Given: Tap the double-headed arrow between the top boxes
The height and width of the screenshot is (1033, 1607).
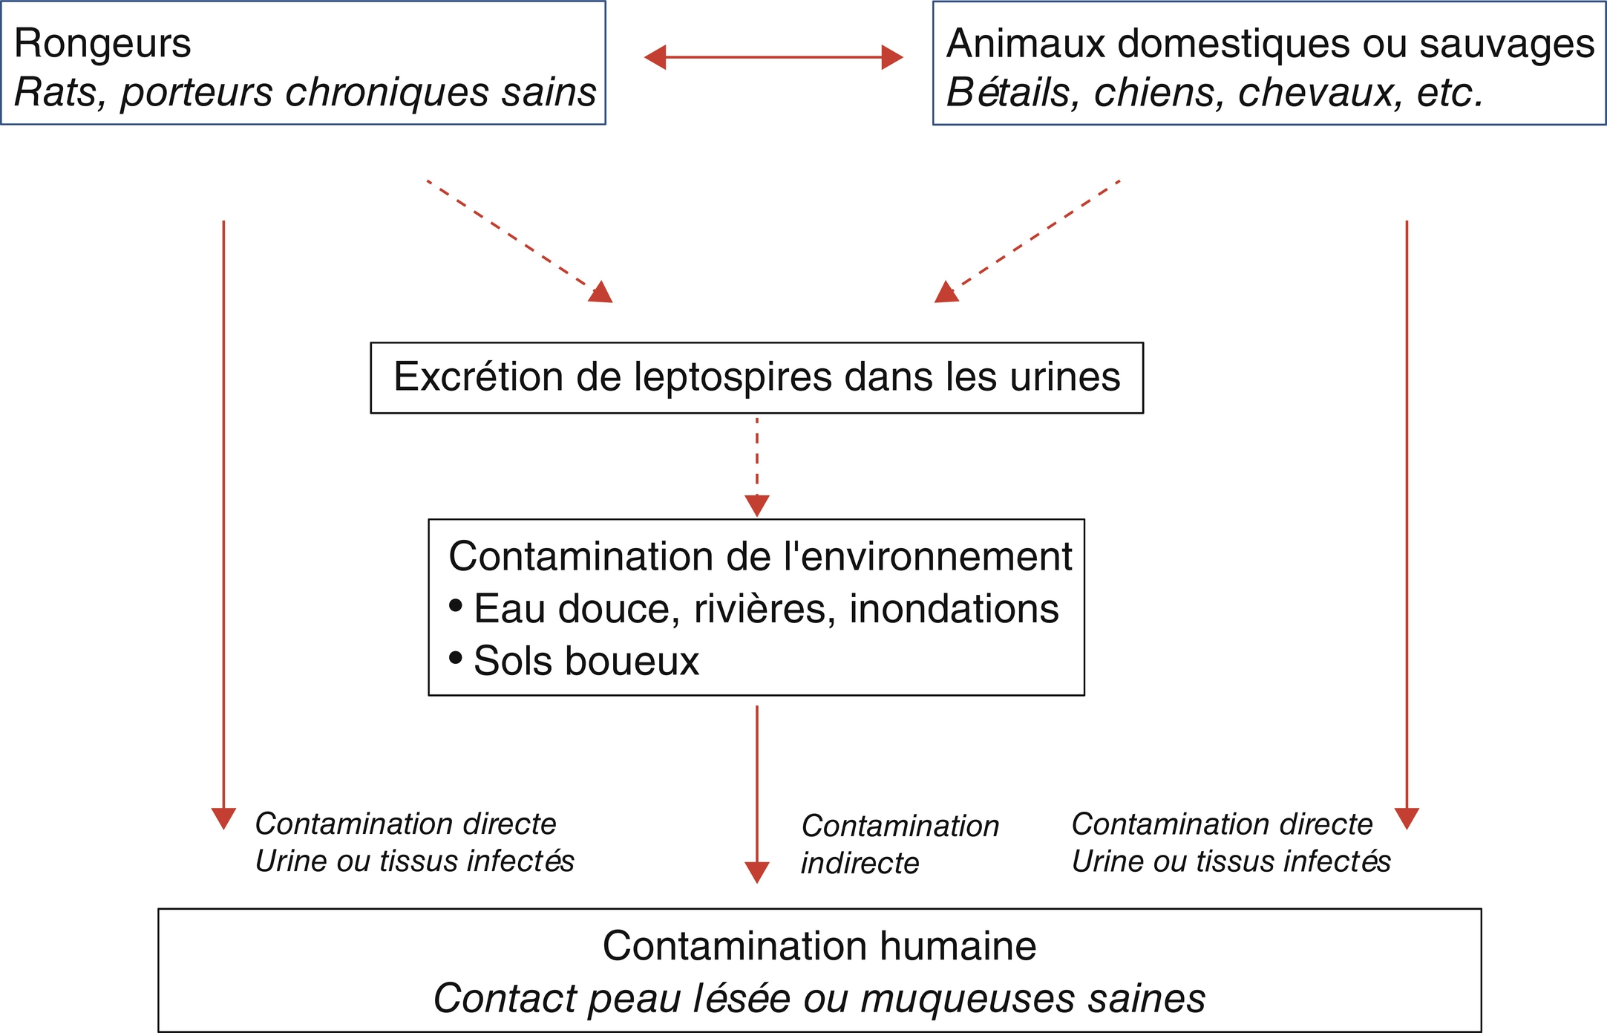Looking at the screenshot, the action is tap(773, 57).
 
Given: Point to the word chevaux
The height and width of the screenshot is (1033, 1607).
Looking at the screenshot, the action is tap(1320, 93).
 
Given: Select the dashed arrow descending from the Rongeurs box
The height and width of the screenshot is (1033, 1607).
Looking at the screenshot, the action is tap(520, 241).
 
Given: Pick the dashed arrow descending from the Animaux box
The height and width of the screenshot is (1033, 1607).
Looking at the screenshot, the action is tap(1027, 241).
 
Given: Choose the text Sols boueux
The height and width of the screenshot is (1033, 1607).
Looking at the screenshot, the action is tap(586, 661).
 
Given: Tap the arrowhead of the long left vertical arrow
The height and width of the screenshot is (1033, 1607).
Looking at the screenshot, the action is tap(223, 818).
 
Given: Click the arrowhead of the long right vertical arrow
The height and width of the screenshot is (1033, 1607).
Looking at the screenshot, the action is tap(1407, 818).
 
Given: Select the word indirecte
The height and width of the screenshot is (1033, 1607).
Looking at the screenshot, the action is tap(860, 864).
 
